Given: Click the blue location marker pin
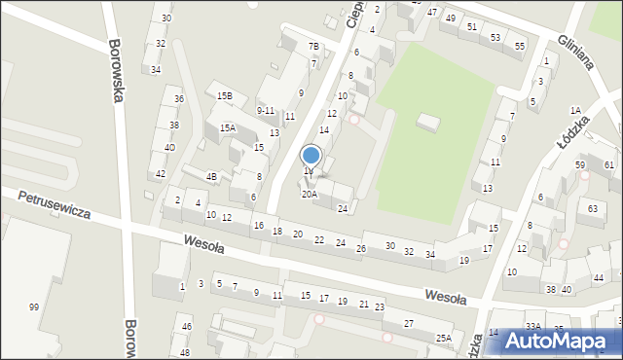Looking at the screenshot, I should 311,156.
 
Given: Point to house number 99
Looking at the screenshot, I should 34,307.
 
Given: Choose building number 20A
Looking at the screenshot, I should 309,195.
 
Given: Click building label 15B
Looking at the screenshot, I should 225,95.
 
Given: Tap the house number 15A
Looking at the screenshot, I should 228,128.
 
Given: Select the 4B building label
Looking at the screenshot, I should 211,176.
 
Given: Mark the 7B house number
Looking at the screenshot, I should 313,47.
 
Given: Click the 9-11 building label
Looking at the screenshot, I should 265,111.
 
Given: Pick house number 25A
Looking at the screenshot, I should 444,338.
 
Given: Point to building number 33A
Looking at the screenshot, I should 532,327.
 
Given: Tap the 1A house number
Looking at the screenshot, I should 575,110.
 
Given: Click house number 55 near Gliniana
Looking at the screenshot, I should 520,46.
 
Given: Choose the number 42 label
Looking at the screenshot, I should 161,173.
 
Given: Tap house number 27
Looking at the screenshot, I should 409,323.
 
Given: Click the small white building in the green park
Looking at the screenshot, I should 427,122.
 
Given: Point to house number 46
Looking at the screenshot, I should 186,327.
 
